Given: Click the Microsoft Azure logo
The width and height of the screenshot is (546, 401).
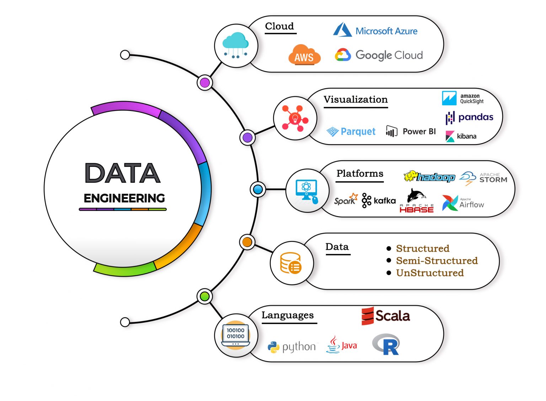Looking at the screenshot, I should coord(375,31).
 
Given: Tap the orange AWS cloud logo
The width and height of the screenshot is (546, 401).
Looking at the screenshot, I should coord(304,55).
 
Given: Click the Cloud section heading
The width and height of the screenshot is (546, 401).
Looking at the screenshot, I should coord(280,26).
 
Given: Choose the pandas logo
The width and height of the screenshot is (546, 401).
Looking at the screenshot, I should coord(470,117).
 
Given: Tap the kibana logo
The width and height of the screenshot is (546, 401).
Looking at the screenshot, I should coord(461,136).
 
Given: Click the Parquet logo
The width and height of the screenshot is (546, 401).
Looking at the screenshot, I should coord(351,132).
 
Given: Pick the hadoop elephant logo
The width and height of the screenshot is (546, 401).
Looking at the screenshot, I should coord(429,176).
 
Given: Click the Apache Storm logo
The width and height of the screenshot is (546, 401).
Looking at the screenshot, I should coord(483,178).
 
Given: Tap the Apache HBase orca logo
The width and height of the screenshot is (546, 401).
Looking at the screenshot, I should coord(417,201).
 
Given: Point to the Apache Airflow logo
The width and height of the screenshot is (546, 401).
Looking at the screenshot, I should coord(463,203).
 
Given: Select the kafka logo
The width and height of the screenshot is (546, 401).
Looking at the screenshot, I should coord(379,201).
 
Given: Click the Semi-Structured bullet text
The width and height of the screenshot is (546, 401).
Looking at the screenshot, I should coord(437,261).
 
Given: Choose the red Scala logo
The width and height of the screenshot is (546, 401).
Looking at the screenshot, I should coord(386,316).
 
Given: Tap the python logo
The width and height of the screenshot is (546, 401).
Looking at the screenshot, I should coord(292,347).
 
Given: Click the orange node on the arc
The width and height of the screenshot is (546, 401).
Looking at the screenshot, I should coord(247,242).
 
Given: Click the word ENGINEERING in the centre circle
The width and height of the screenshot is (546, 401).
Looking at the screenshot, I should coord(124,198).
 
